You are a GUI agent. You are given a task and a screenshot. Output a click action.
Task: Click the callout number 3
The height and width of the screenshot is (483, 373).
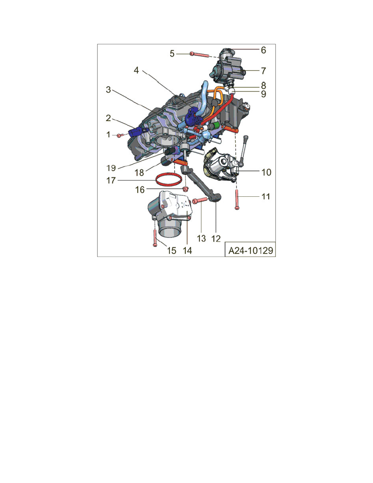coord(108,90)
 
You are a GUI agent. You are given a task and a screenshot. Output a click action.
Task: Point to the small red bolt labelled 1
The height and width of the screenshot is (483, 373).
coord(119,135)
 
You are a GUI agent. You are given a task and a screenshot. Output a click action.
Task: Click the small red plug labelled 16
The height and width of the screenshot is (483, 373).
coord(185,190)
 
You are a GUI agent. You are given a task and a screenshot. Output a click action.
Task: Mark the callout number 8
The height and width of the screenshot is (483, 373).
coord(263,86)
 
